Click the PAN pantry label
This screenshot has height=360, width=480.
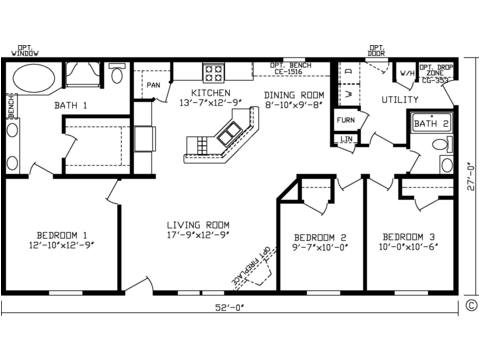pos(154,85)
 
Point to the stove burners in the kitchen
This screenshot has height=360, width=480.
pos(213,72)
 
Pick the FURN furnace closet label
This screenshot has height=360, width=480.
pos(345,120)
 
